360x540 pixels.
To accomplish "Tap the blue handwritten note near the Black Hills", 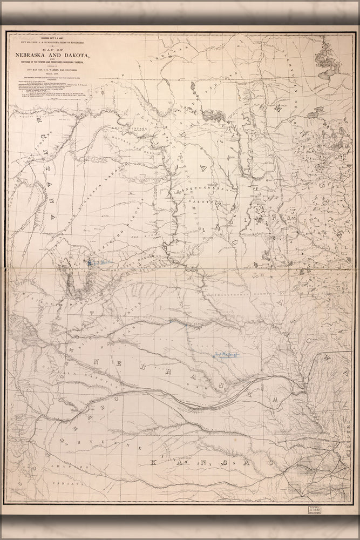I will pyautogui.click(x=98, y=263).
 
